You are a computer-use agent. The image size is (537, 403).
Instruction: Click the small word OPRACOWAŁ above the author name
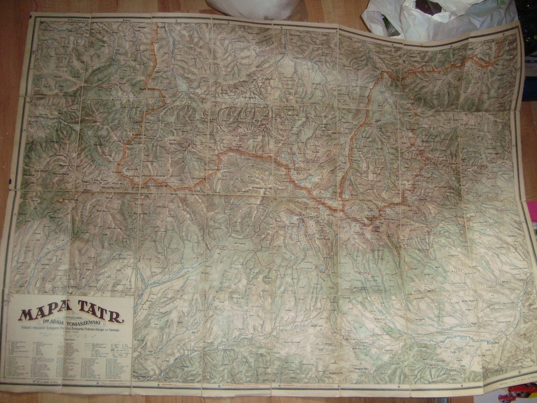[x=70, y=317]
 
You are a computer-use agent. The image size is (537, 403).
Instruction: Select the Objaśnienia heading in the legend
[x=70, y=339]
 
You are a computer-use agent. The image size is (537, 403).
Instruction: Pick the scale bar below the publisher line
[x=70, y=334]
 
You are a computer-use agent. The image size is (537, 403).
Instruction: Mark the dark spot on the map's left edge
[x=9, y=181]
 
